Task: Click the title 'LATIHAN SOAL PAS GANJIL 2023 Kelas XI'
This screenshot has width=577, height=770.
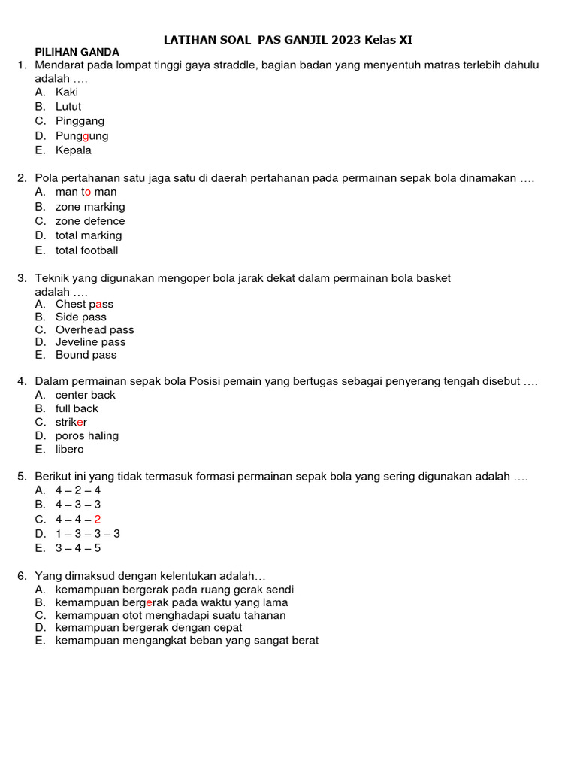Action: (288, 39)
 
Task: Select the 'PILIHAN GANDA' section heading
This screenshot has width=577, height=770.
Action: (77, 52)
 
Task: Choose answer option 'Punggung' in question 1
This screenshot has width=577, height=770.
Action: (82, 136)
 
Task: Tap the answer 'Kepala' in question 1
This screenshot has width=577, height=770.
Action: (74, 150)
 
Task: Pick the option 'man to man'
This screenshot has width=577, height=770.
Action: (86, 192)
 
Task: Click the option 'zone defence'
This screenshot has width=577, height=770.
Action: (90, 221)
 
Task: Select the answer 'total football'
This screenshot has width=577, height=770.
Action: (86, 250)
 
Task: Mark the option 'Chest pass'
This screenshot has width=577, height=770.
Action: (84, 305)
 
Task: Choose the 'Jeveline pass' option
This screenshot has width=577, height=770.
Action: (90, 342)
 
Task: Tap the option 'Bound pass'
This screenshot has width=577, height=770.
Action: (86, 355)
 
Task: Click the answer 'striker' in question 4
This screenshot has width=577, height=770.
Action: (71, 423)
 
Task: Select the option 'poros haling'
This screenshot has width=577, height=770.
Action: (86, 436)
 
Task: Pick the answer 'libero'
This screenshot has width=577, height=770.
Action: (70, 450)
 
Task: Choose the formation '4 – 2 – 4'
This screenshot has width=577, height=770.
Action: (78, 490)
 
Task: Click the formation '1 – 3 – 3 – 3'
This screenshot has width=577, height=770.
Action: (88, 534)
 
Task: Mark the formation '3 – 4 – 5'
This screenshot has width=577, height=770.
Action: (78, 548)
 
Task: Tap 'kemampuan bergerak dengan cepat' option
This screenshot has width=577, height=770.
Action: (149, 628)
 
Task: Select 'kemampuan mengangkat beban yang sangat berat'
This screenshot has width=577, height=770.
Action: (187, 641)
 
